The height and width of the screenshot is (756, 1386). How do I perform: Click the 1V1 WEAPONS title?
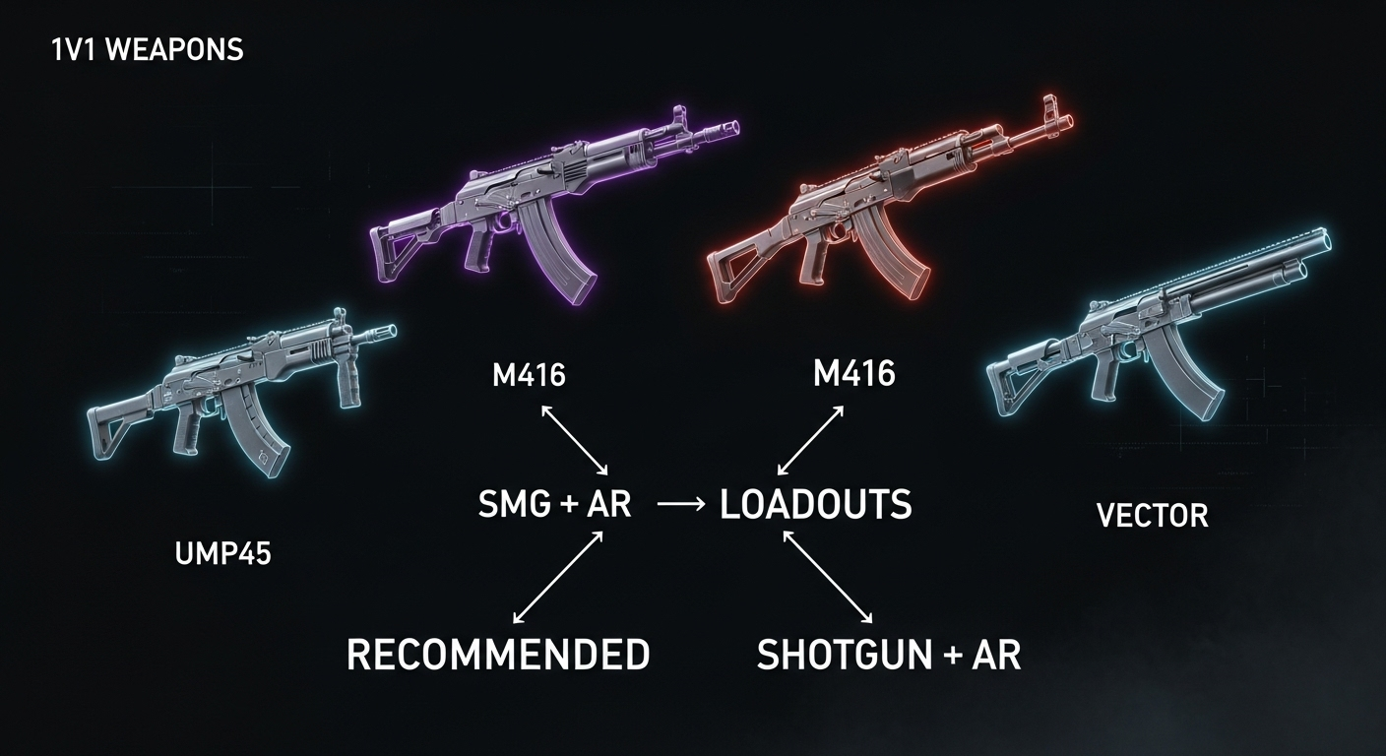(147, 50)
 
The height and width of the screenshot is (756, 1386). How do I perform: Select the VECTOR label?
(1153, 515)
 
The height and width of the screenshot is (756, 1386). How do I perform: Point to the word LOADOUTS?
(816, 505)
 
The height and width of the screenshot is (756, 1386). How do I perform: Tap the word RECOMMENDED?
(498, 655)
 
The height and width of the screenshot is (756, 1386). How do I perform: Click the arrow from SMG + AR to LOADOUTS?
(678, 504)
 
